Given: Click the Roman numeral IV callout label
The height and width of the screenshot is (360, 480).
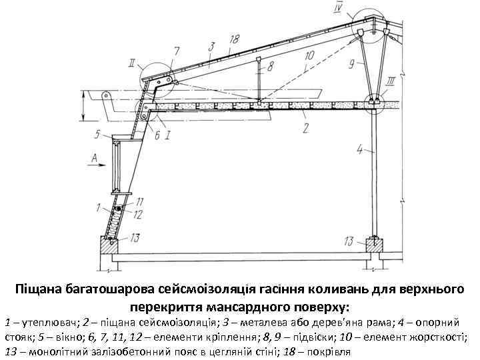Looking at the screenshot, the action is tap(339, 8).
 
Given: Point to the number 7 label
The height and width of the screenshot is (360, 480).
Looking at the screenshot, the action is tap(176, 51).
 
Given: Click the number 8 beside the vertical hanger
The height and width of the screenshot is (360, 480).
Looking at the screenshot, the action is tap(270, 67).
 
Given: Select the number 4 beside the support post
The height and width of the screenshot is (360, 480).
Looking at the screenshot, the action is tap(359, 150).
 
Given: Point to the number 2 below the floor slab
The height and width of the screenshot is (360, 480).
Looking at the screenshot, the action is tap(305, 129).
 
